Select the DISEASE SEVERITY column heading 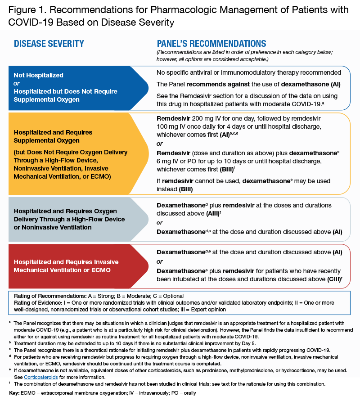click(x=49, y=44)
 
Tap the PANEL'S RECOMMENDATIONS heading click(x=211, y=44)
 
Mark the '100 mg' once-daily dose click(x=168, y=126)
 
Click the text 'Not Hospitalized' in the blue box click(x=38, y=75)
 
